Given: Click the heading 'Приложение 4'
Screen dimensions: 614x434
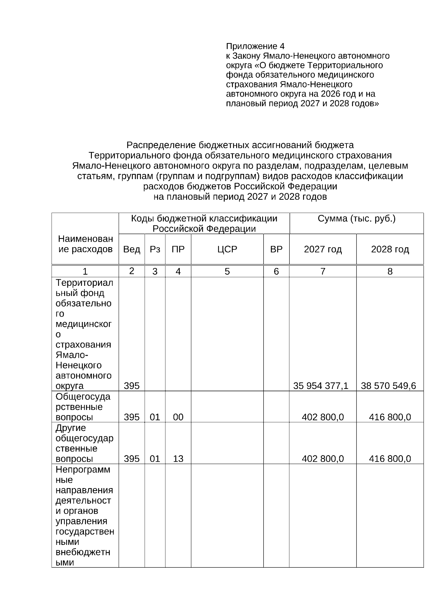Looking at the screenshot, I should click(255, 46).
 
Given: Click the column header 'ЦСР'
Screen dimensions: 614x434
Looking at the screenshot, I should click(227, 249).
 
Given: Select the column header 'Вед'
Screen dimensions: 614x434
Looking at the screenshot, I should click(132, 249).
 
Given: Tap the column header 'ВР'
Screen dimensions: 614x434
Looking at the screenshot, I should click(276, 249).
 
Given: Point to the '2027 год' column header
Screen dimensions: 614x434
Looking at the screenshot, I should click(323, 249).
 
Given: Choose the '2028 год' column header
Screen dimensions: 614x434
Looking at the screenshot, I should click(390, 249).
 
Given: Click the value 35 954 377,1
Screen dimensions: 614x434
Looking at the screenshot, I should click(320, 386).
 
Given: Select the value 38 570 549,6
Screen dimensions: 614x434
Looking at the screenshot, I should click(388, 386).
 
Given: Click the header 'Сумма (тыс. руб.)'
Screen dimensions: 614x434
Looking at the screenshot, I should click(357, 219).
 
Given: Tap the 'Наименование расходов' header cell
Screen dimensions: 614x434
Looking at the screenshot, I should click(85, 244).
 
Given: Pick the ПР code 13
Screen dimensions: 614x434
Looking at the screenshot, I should click(178, 459).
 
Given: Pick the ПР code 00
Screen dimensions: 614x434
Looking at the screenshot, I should click(178, 417).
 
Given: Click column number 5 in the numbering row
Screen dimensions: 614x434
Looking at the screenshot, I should click(227, 271).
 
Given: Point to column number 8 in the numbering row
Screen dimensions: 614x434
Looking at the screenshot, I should click(390, 271).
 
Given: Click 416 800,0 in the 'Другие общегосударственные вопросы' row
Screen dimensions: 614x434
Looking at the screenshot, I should click(390, 459).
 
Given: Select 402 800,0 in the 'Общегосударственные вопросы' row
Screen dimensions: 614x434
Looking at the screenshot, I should click(323, 417).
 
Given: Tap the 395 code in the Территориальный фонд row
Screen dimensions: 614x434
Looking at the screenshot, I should click(132, 386).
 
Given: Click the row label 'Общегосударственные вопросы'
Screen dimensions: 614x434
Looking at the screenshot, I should click(83, 407).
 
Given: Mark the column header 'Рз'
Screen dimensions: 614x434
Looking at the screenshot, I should click(155, 249).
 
